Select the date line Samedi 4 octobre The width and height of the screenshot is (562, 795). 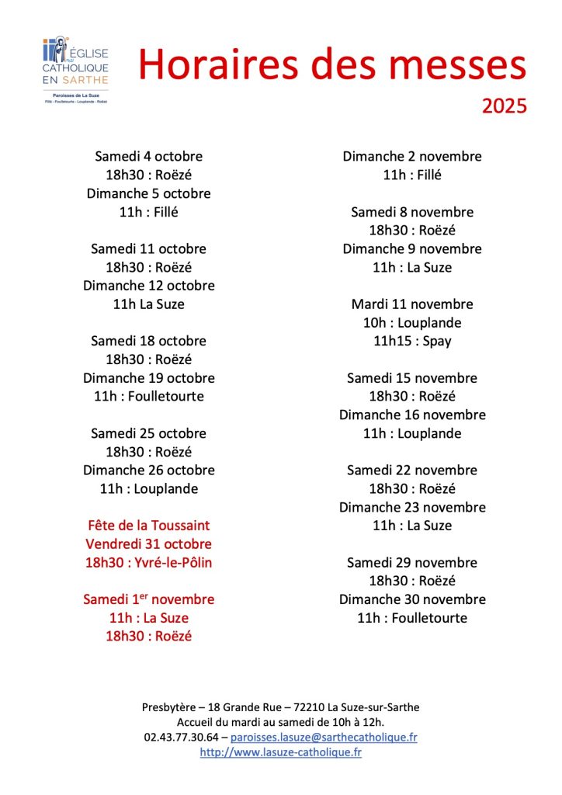pyautogui.click(x=148, y=156)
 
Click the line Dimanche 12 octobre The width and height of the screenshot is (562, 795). pyautogui.click(x=148, y=286)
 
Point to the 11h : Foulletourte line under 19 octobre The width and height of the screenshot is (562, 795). pyautogui.click(x=148, y=396)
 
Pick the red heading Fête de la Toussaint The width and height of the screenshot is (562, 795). pyautogui.click(x=148, y=526)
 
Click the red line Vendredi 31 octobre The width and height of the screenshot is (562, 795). pyautogui.click(x=148, y=544)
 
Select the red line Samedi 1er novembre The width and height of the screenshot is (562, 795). pyautogui.click(x=148, y=599)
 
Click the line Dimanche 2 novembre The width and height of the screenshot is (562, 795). pyautogui.click(x=412, y=156)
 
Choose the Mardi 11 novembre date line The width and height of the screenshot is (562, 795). pyautogui.click(x=412, y=304)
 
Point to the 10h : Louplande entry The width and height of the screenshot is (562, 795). pyautogui.click(x=412, y=322)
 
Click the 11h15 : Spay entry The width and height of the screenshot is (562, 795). pyautogui.click(x=412, y=341)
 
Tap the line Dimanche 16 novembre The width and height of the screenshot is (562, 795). pyautogui.click(x=412, y=415)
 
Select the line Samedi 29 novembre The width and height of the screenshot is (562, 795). pyautogui.click(x=412, y=562)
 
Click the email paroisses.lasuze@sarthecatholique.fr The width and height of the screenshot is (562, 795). pyautogui.click(x=324, y=737)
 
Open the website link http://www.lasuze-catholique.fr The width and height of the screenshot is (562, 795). pyautogui.click(x=280, y=752)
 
